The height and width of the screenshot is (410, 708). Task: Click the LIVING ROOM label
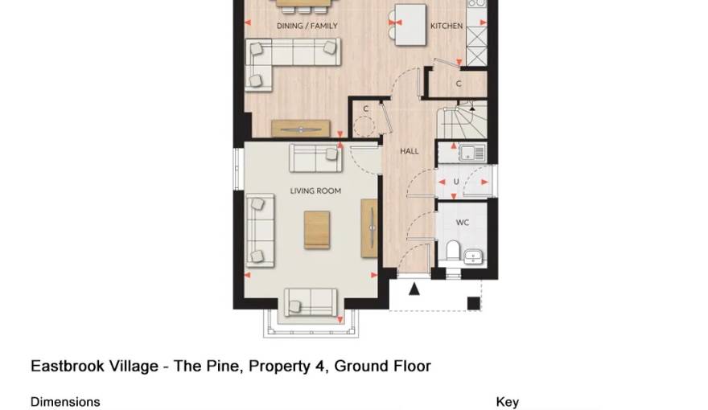tap(315, 191)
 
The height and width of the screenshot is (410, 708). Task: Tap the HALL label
tap(410, 151)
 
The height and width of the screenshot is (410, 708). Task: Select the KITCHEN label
tap(447, 26)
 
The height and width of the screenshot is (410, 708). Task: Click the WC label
tap(463, 223)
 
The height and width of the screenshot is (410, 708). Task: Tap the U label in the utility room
tap(456, 182)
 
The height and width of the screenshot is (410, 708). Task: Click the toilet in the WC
tap(453, 252)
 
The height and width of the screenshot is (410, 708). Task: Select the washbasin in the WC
tap(474, 256)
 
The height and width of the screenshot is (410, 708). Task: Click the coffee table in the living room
tap(316, 229)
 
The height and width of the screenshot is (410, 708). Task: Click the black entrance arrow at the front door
tap(414, 288)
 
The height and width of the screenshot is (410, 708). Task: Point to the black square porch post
tap(474, 303)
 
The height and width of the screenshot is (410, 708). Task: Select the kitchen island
tap(410, 25)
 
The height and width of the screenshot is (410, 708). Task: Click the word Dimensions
tap(65, 402)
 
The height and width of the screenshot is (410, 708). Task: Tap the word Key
tap(508, 402)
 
